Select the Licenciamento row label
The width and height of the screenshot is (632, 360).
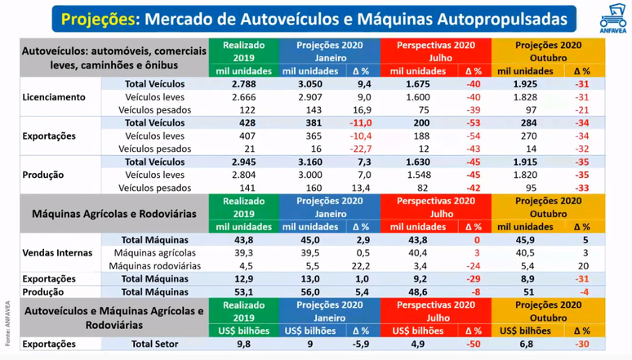click(x=53, y=96)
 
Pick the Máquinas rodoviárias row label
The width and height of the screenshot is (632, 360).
click(x=154, y=265)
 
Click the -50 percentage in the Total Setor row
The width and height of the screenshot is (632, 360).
click(x=473, y=344)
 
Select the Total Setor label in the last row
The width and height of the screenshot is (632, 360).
click(x=154, y=344)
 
